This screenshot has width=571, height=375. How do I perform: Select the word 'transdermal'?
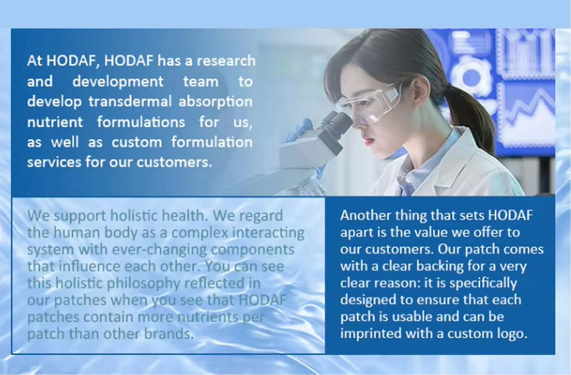(130, 101)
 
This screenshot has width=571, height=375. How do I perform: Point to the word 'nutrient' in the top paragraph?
(55, 122)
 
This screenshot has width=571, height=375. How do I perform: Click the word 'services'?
(54, 162)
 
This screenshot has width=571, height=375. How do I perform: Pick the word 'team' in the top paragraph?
(200, 82)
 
